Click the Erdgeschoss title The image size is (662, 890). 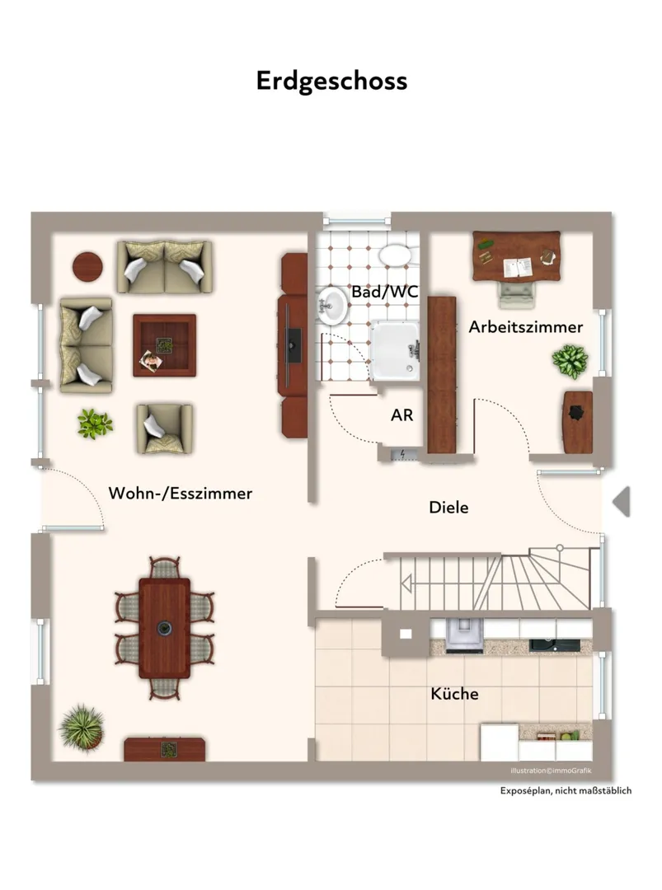point(331,81)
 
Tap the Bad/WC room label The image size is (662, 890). point(385,292)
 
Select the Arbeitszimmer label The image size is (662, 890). point(526,327)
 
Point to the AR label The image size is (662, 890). point(402,415)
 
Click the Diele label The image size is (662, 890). point(448,507)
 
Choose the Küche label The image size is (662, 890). point(454,694)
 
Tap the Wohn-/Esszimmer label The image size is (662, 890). point(180,493)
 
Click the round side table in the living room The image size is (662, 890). point(87,266)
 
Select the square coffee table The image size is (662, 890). point(165,345)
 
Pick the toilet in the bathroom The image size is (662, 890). point(395,255)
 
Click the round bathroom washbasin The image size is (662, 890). point(333,306)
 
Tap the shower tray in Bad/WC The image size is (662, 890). point(395,351)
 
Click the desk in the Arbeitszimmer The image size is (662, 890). point(517,256)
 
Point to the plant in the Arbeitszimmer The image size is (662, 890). point(570,361)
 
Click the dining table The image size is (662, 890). point(165,628)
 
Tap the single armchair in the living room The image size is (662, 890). point(164,429)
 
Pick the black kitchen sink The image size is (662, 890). point(554,645)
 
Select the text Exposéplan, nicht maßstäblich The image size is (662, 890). point(566,790)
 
